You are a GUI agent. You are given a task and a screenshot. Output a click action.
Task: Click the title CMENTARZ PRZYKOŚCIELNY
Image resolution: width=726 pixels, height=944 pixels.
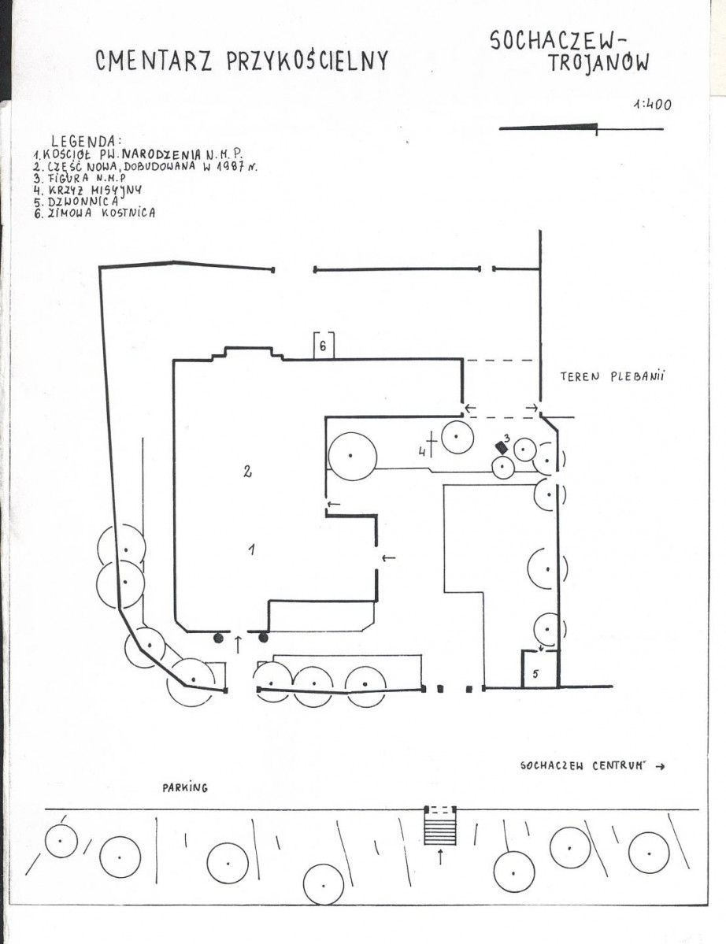(242, 61)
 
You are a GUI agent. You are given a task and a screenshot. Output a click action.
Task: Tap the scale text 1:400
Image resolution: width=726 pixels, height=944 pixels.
(652, 104)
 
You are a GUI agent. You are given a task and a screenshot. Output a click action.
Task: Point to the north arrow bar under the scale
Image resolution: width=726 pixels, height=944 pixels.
(581, 128)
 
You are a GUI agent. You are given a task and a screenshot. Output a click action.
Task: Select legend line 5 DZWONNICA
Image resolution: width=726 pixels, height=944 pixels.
(76, 202)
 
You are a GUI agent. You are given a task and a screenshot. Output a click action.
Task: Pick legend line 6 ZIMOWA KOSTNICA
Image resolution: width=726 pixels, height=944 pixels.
(94, 213)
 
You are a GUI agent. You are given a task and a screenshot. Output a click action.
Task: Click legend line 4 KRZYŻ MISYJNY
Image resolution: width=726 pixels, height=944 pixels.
(88, 191)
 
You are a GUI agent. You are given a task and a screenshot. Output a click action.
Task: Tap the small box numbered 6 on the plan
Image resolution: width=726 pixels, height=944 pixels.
(324, 346)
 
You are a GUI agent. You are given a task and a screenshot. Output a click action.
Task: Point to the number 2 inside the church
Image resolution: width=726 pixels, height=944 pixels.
(247, 472)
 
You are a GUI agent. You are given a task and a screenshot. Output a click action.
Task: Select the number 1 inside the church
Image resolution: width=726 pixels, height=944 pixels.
(252, 549)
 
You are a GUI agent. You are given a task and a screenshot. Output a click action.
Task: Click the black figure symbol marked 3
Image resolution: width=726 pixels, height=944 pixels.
(500, 446)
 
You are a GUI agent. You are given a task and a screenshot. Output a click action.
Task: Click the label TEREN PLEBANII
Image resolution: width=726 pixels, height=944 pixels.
(613, 377)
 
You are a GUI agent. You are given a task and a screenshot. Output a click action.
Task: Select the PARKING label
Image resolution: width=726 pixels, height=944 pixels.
(185, 787)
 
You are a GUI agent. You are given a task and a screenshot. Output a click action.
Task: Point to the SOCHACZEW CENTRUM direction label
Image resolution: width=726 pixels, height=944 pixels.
(593, 766)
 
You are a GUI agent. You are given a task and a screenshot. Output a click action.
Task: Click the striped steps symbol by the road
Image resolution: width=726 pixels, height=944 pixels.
(441, 825)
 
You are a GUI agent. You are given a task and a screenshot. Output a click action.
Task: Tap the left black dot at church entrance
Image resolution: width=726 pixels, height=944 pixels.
(219, 638)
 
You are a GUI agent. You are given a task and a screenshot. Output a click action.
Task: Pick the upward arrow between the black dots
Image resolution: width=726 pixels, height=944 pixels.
(238, 643)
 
